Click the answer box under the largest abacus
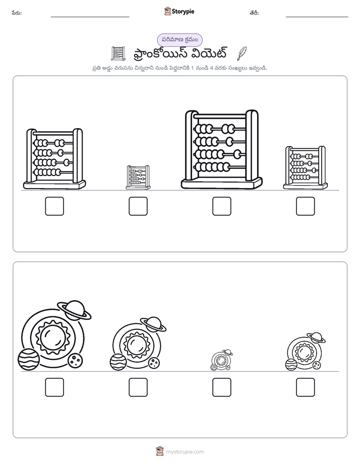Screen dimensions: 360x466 pos(221,206)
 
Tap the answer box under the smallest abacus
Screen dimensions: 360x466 pos(138,206)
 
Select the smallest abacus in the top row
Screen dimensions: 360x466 pos(138,178)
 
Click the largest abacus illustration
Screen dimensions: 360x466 pos(222,149)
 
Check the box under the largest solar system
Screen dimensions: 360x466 pos(54,387)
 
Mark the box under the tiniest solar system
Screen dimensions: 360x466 pos(221,387)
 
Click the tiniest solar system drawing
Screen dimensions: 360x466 pos(221,360)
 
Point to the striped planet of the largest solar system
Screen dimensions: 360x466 pos(29,359)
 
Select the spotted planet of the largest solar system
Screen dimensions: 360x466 pos(75,361)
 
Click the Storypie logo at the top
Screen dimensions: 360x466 pos(179,11)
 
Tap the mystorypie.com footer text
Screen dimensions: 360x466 pos(185,452)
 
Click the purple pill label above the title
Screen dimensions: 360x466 pos(179,40)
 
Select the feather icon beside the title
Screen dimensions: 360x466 pos(242,53)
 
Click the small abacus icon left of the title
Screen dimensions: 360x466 pos(118,53)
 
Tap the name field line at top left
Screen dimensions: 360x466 pos(90,17)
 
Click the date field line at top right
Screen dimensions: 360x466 pos(317,17)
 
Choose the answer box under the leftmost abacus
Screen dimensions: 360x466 pos(54,206)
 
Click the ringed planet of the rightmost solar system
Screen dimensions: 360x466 pos(316,337)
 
